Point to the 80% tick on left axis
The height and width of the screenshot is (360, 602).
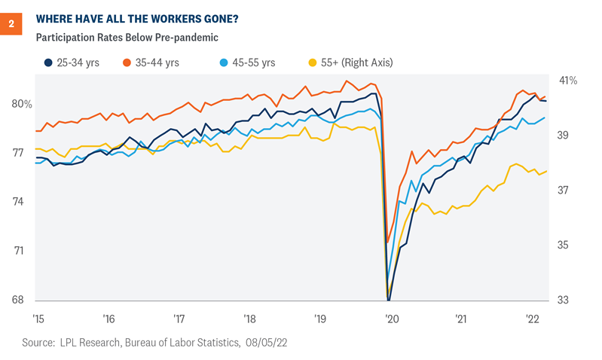coord(22,104)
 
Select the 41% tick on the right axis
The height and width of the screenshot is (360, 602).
coord(567,81)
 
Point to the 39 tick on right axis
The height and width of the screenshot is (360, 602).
coord(564,136)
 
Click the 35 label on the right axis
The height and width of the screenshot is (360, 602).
coord(564,245)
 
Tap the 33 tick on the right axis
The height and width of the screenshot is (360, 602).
coord(564,300)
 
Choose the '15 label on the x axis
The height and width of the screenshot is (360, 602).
coord(39,318)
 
